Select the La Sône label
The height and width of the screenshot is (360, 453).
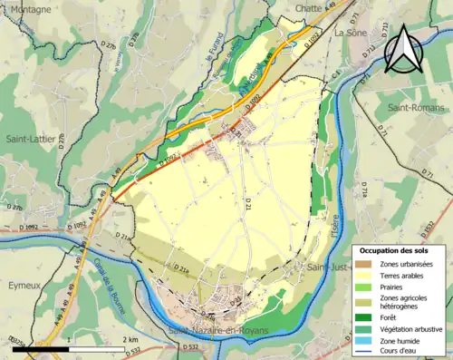[x=351, y=33]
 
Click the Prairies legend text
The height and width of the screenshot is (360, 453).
[x=396, y=286]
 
